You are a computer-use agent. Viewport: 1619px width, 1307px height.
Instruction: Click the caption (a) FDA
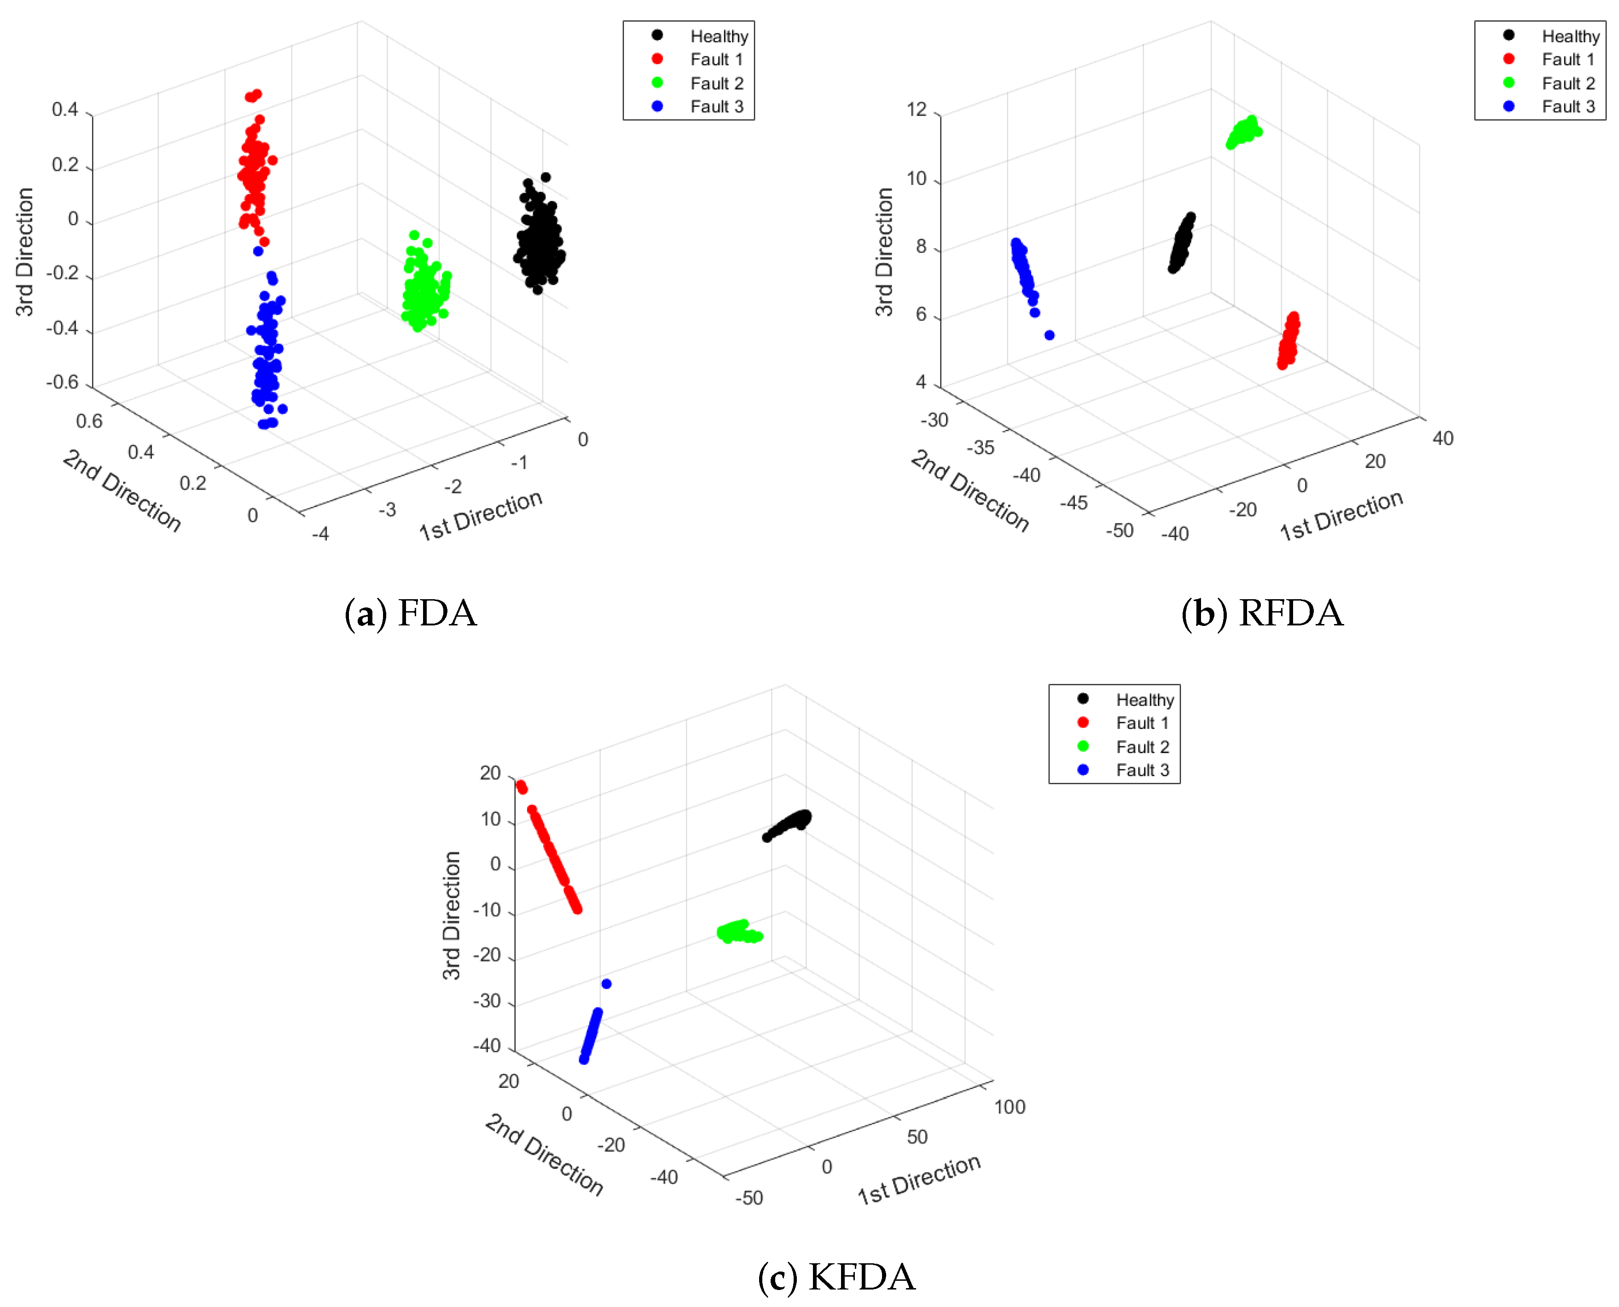coord(411,613)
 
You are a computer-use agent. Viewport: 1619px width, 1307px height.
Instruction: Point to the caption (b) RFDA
coord(1262,613)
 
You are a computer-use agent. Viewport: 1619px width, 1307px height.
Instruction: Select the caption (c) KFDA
coord(836,1278)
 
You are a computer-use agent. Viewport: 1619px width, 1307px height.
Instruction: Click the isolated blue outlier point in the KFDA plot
coord(606,984)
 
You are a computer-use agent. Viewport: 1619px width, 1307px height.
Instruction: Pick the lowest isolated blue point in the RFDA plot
coord(1049,335)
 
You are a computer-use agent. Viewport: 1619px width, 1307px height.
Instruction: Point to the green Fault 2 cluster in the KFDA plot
coord(738,932)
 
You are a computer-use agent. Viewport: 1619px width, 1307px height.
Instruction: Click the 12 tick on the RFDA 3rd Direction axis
coord(917,110)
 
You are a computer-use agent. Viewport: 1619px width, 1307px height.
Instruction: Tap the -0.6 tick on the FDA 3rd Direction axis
coord(63,382)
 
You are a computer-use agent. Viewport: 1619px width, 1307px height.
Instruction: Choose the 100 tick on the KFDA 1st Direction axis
coord(1009,1107)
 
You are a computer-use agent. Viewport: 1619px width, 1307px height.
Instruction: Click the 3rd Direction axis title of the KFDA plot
coord(451,915)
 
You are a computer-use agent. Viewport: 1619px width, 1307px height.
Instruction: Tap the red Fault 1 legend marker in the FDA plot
coord(656,59)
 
